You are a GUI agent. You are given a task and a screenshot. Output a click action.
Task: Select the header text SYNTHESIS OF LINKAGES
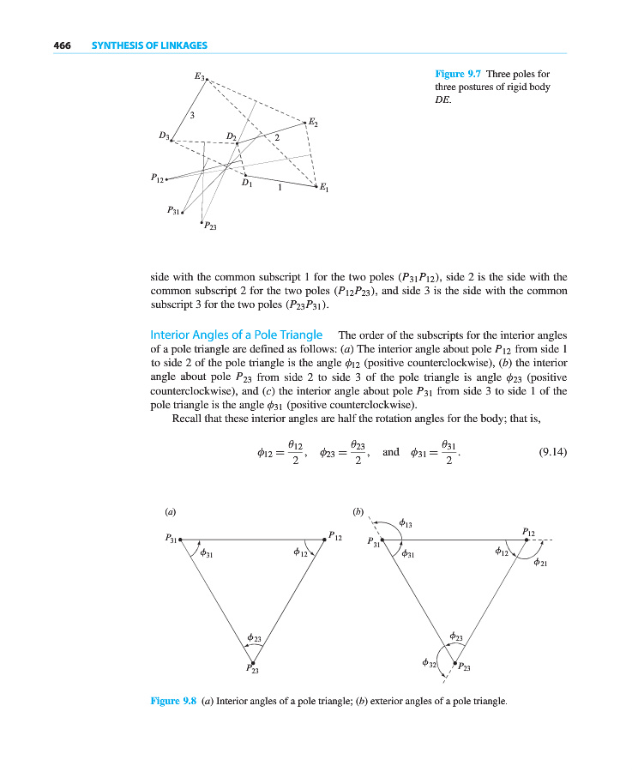click(x=149, y=45)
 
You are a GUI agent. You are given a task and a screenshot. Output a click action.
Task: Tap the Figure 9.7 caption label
click(x=459, y=74)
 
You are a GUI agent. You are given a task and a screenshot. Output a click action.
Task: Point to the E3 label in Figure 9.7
click(x=200, y=76)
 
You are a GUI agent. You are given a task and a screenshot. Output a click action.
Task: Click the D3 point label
click(x=164, y=135)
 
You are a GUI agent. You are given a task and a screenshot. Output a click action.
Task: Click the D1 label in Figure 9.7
click(x=247, y=184)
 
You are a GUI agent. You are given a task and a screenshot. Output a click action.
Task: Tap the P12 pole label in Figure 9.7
click(x=155, y=178)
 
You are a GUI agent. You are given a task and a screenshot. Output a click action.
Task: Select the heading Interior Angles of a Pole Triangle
click(x=236, y=335)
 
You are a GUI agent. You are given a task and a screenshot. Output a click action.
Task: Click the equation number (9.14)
click(x=551, y=452)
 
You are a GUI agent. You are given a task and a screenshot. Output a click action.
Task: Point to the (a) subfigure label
click(x=170, y=511)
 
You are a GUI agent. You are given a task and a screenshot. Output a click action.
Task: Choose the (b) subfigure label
click(x=358, y=511)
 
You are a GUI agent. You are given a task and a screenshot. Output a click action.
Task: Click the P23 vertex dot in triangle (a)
click(x=252, y=662)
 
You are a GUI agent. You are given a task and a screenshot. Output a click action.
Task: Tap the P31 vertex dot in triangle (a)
click(x=180, y=540)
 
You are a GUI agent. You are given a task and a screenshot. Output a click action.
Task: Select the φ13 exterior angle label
click(x=407, y=522)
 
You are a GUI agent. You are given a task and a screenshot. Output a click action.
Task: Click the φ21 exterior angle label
click(x=540, y=563)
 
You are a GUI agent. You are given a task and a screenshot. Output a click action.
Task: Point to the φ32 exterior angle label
click(x=429, y=663)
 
